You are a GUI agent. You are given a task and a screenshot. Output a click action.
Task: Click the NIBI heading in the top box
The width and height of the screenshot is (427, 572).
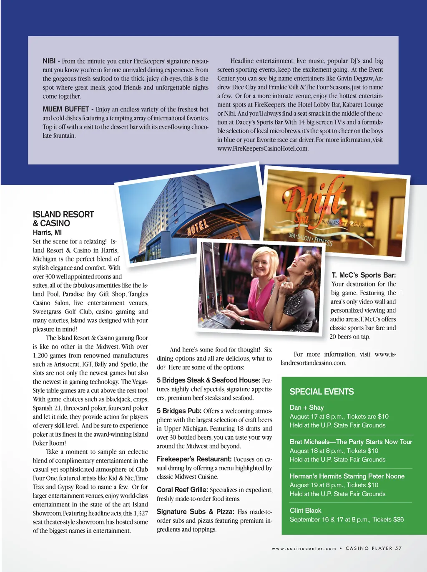(49, 61)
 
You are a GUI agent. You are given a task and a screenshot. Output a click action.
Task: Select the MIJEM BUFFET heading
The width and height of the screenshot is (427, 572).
(65, 109)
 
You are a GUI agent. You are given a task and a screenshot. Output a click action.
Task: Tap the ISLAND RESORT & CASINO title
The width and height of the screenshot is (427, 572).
(63, 219)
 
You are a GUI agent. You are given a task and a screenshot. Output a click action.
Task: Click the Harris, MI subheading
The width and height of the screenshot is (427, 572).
(47, 233)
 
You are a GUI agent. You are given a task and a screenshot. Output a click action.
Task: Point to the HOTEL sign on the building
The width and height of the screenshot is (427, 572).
(197, 227)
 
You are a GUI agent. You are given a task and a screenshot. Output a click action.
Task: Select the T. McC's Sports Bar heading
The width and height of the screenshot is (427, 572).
(364, 275)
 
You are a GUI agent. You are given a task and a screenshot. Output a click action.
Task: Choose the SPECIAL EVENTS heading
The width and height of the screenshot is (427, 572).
(322, 392)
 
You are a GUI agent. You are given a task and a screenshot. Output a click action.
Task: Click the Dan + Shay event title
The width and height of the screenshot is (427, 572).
(306, 407)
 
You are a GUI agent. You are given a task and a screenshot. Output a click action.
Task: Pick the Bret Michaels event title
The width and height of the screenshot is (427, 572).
(351, 442)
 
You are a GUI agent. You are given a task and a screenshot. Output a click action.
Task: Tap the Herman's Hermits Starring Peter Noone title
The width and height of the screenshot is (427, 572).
(347, 476)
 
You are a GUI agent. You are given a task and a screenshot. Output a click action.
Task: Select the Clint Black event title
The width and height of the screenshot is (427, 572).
(305, 510)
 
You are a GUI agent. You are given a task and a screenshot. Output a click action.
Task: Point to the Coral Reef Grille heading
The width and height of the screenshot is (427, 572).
(182, 490)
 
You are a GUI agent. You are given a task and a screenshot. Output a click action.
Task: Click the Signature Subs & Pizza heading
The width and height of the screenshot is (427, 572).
(195, 512)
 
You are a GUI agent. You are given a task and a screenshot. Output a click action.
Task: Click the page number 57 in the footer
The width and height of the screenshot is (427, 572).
(398, 548)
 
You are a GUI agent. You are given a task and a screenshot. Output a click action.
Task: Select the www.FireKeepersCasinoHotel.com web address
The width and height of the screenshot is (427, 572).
(263, 149)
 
